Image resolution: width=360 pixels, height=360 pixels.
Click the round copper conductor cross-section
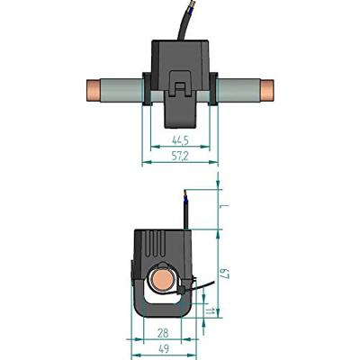163,279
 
